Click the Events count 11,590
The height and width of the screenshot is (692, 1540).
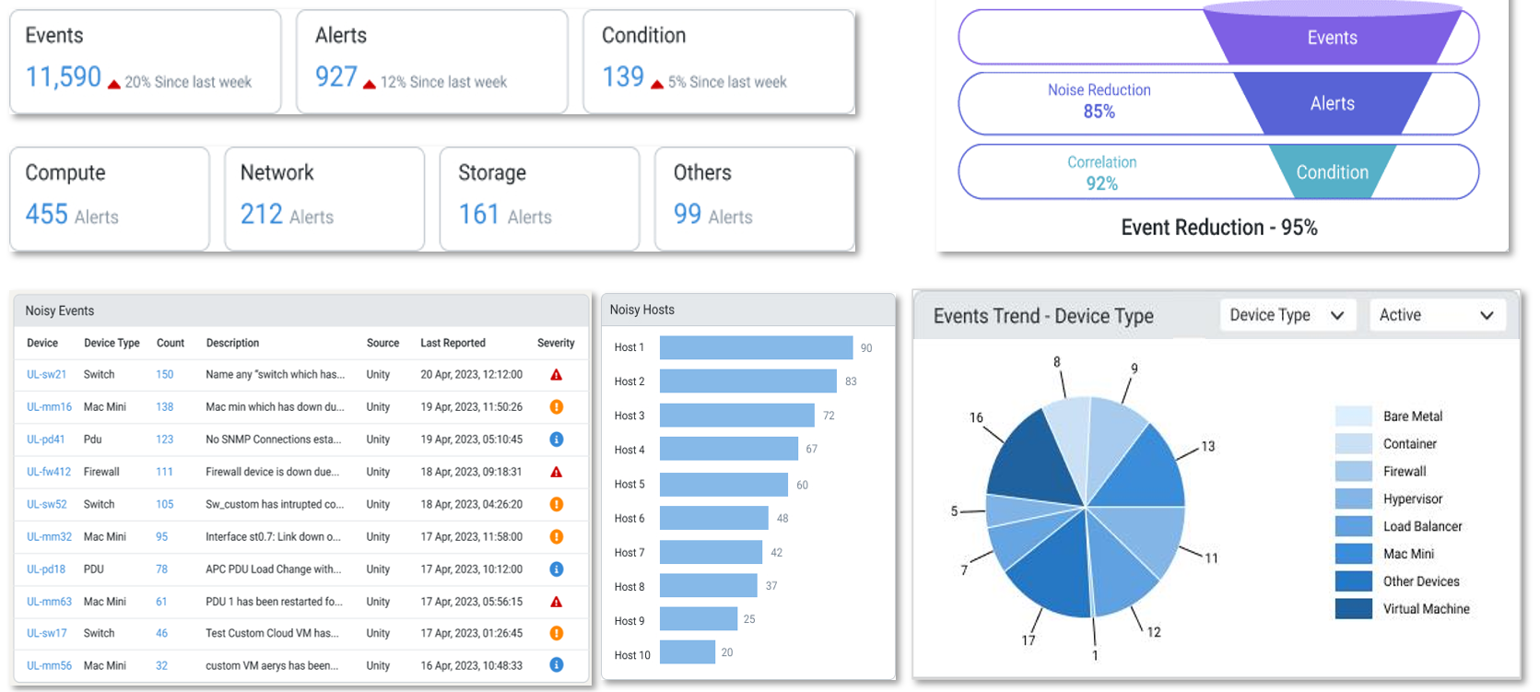(x=64, y=76)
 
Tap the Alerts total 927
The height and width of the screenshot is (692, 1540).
(x=335, y=76)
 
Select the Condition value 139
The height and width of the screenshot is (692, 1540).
(x=623, y=76)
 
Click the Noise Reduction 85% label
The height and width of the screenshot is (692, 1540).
(x=1099, y=100)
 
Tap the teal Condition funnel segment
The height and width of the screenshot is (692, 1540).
(x=1332, y=172)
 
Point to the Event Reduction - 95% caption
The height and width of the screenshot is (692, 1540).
(x=1218, y=228)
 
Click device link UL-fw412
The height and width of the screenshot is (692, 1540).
(x=48, y=472)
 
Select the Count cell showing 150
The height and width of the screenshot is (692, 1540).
(x=165, y=375)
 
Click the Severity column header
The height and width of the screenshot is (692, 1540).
(x=556, y=343)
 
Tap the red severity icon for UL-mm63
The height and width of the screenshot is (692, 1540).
(x=556, y=602)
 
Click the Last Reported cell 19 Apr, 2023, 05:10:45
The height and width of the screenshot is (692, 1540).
(x=471, y=440)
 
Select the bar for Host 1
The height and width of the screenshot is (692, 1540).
(x=756, y=347)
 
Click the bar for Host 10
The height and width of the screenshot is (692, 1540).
(x=688, y=652)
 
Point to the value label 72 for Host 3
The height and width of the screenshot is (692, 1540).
(x=829, y=416)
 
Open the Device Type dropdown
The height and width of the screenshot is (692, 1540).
(x=1287, y=315)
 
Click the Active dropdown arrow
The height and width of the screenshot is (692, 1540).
(x=1487, y=315)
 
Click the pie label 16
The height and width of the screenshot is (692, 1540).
(x=976, y=417)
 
